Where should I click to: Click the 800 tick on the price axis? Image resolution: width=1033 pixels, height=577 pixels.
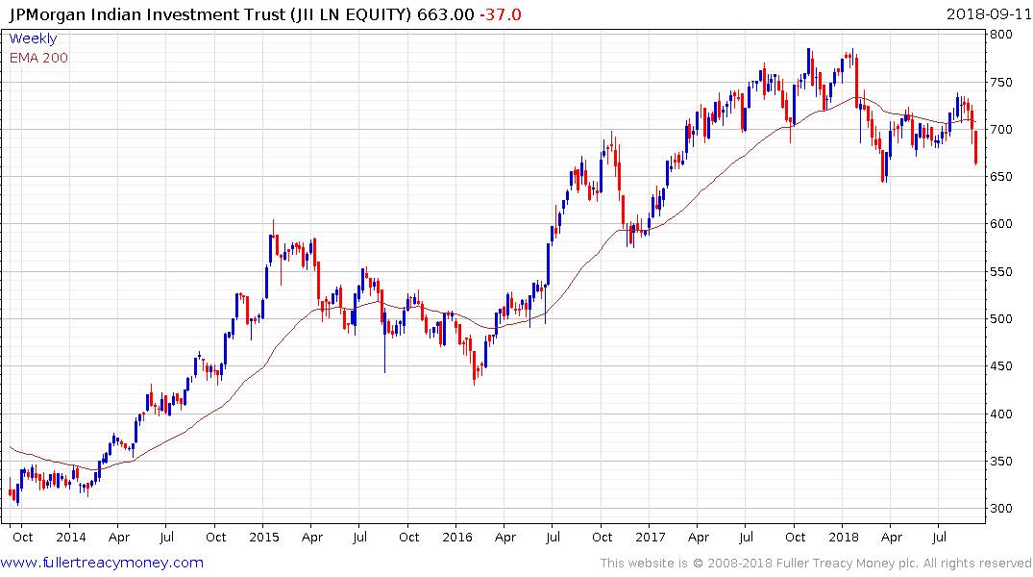(1003, 35)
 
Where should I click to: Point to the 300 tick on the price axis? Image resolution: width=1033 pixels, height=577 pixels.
(1003, 509)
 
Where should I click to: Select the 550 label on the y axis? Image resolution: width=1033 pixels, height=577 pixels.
(1003, 272)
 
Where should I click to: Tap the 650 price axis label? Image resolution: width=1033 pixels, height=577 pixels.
(1003, 177)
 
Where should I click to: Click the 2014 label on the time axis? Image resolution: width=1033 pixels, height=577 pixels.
(70, 537)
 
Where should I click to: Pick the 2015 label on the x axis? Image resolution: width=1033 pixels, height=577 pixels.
(263, 537)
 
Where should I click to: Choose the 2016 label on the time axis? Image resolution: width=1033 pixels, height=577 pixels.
(457, 537)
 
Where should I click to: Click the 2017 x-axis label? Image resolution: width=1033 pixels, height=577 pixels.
(651, 537)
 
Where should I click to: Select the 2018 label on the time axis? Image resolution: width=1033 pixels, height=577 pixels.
(844, 537)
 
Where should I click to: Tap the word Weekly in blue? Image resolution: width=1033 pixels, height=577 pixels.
(33, 38)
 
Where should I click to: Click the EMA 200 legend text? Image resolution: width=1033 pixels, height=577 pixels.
(38, 58)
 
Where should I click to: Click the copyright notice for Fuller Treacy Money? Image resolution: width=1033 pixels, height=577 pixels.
(816, 564)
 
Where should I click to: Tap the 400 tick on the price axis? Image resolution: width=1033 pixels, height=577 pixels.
(1003, 414)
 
